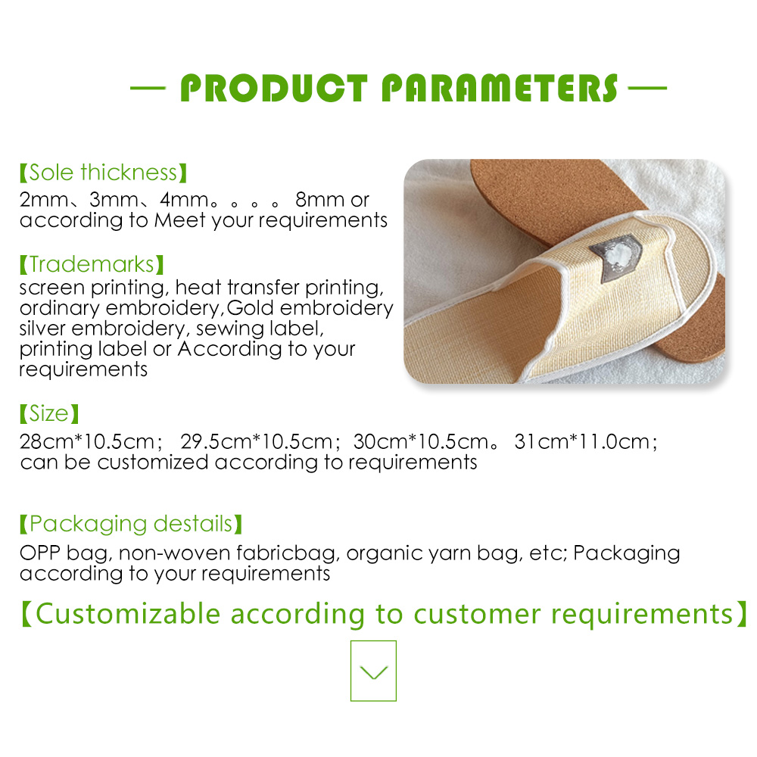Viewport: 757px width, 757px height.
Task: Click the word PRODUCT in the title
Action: pyautogui.click(x=274, y=88)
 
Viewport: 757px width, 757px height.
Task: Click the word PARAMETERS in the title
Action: pyautogui.click(x=500, y=88)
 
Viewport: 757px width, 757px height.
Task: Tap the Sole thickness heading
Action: pyautogui.click(x=103, y=173)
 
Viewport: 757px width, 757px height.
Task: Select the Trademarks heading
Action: pyautogui.click(x=92, y=264)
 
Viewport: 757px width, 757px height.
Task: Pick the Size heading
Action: pyautogui.click(x=48, y=413)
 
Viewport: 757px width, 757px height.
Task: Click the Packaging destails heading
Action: pyautogui.click(x=130, y=524)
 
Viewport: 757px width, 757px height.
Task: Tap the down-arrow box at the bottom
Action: pyautogui.click(x=373, y=671)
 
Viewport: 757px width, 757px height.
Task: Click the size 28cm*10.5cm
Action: pyautogui.click(x=87, y=441)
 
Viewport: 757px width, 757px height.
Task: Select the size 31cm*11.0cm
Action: pyautogui.click(x=582, y=441)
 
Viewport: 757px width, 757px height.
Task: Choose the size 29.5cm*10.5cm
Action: pyautogui.click(x=257, y=441)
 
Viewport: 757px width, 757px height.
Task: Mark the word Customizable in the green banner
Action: pyautogui.click(x=128, y=614)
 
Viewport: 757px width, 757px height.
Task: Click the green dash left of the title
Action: pyautogui.click(x=148, y=88)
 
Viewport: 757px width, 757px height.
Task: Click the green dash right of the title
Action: pyautogui.click(x=647, y=88)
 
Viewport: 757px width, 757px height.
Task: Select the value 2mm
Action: pyautogui.click(x=44, y=199)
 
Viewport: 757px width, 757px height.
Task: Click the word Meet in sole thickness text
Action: pyautogui.click(x=180, y=220)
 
